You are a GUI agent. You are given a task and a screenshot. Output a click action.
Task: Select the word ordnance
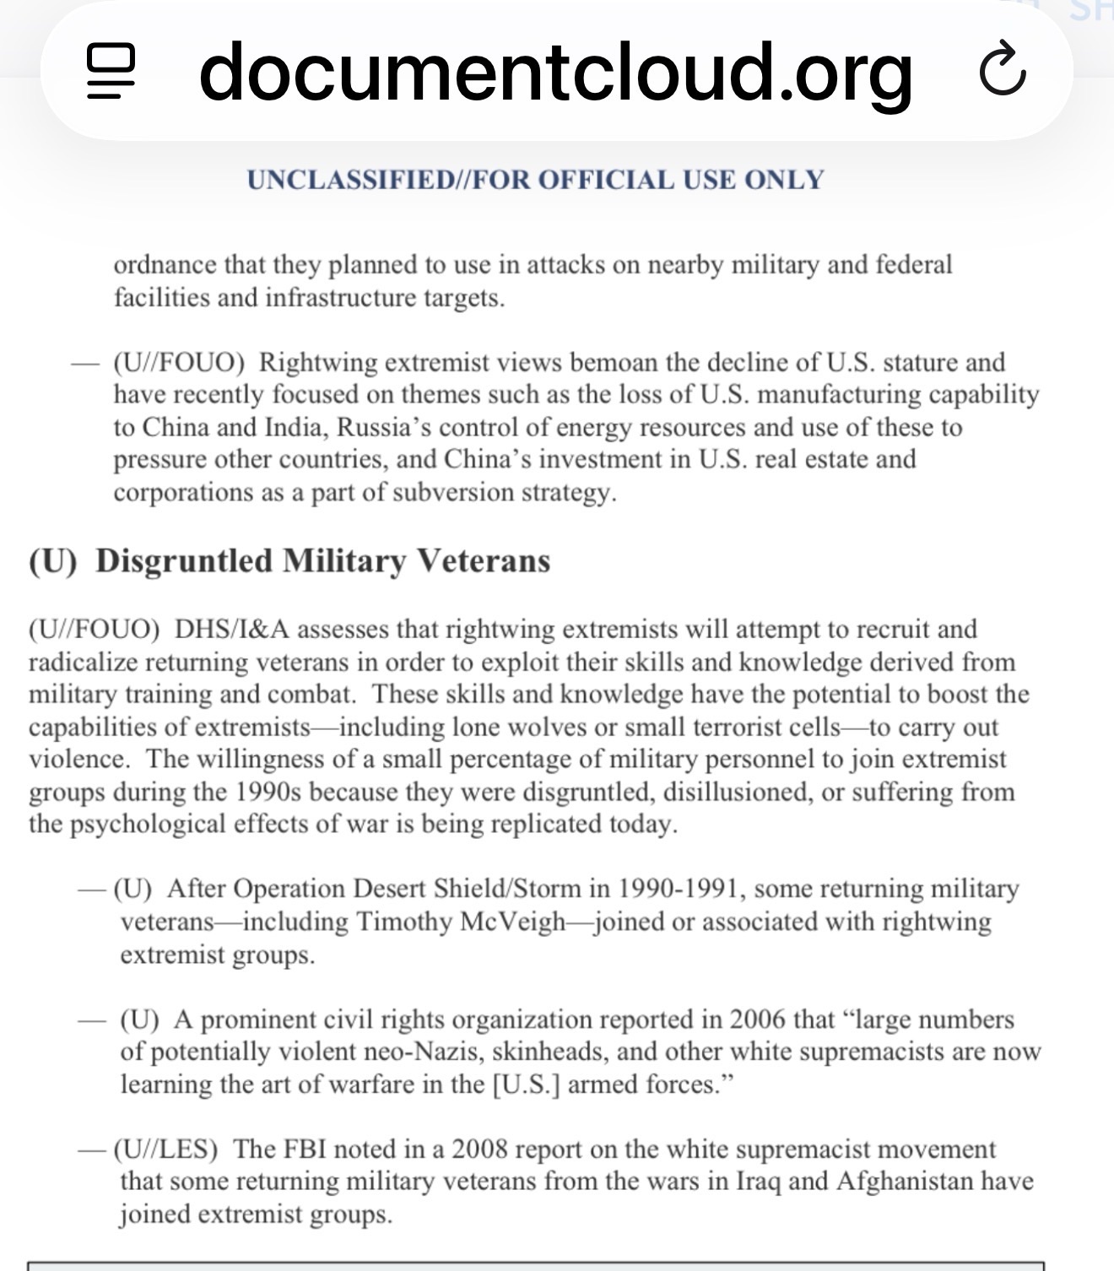pos(165,265)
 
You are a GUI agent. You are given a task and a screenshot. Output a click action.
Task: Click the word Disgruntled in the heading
pos(184,561)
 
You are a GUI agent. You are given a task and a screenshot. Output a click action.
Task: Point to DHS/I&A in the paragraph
pos(231,630)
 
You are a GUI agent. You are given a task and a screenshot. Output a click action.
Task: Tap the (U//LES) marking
pos(165,1149)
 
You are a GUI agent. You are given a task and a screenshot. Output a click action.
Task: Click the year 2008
pos(479,1149)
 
